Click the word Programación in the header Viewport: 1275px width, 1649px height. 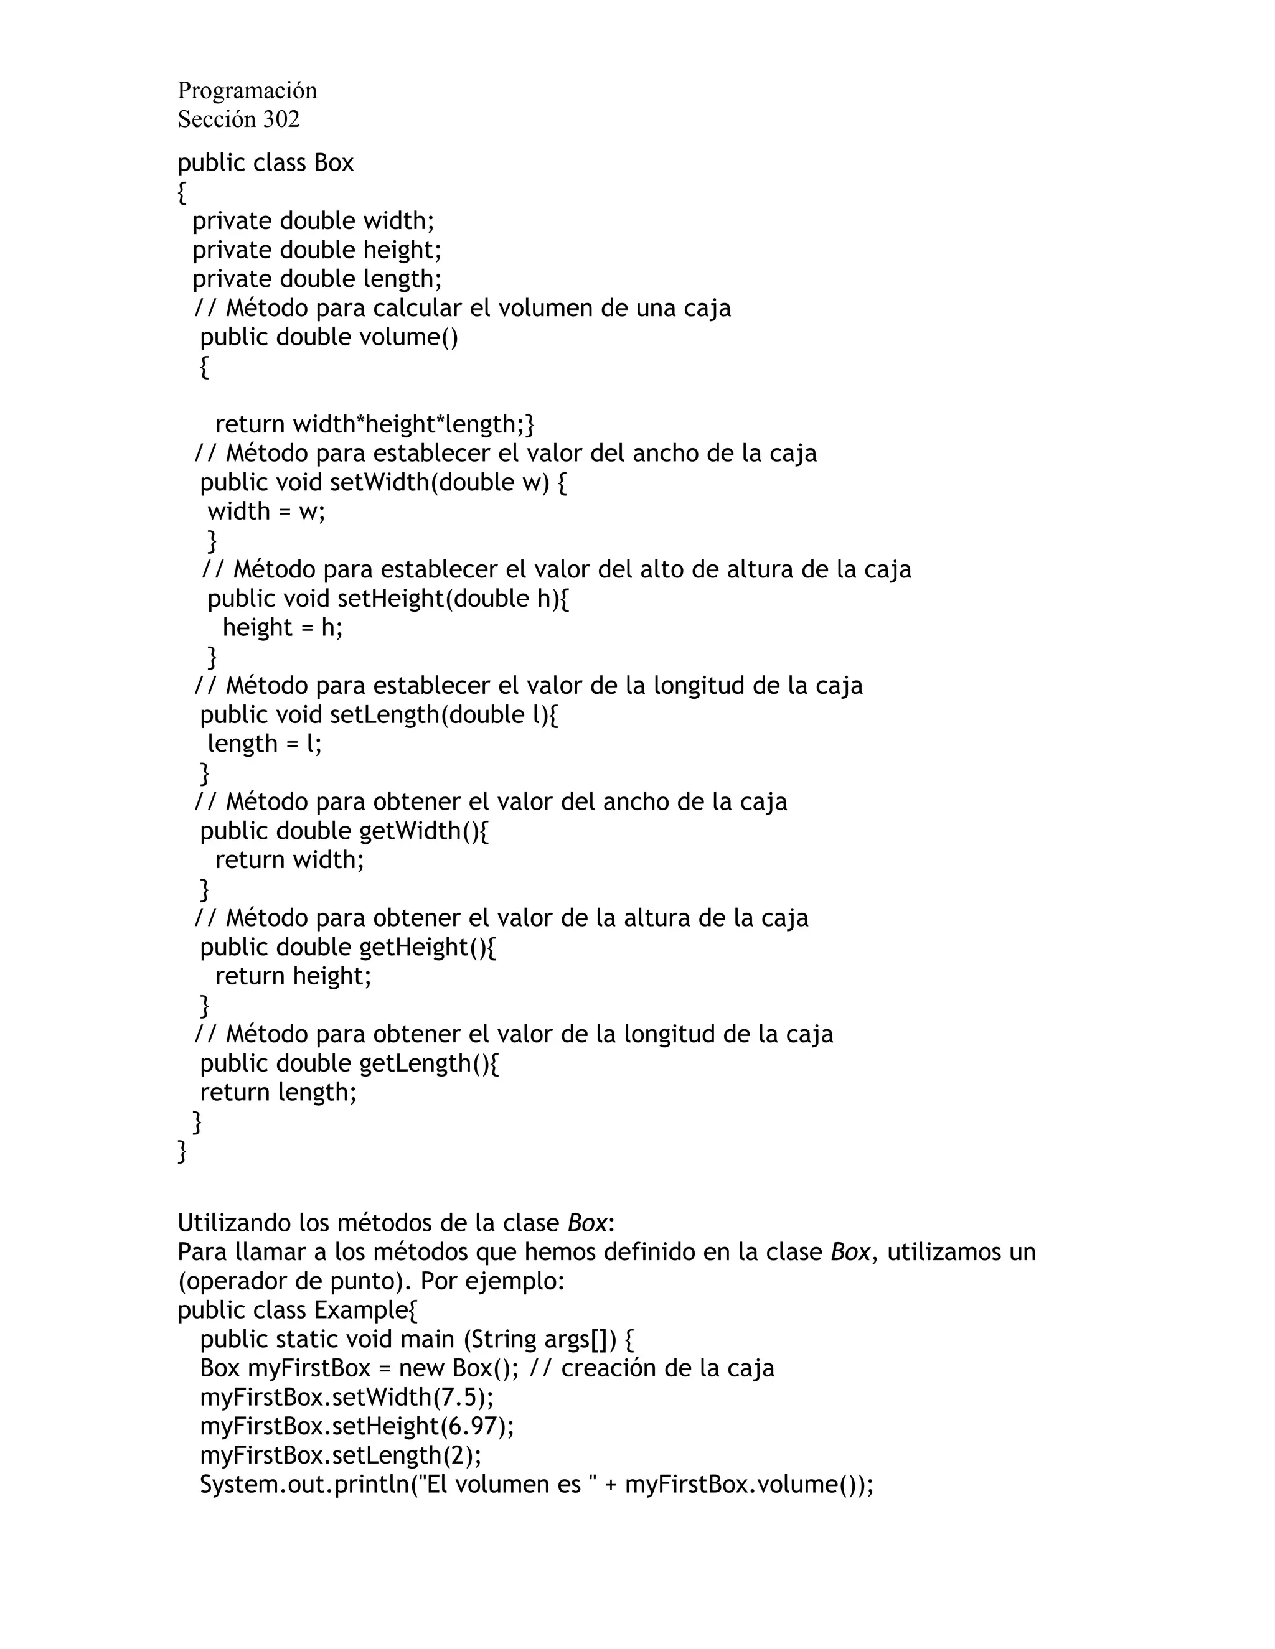tap(247, 91)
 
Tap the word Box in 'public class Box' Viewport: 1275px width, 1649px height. tap(334, 163)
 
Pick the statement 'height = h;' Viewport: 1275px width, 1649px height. tap(283, 627)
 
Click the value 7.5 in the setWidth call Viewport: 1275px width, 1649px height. tap(459, 1398)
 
